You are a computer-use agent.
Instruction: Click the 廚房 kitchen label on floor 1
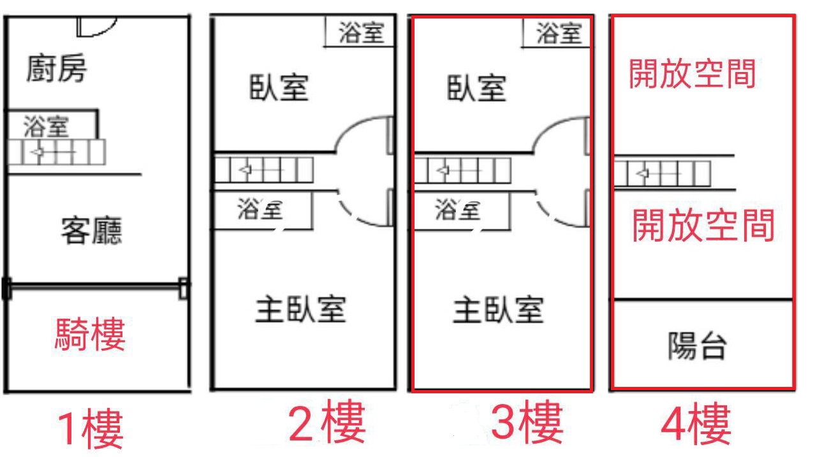click(57, 68)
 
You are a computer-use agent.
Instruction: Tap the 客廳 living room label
click(92, 231)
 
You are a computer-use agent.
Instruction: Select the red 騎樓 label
click(90, 334)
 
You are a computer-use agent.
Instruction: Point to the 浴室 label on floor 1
click(46, 127)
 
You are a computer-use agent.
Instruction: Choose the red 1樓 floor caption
click(90, 428)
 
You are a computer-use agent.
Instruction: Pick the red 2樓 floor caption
click(327, 421)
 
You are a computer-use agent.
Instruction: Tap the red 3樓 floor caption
click(527, 422)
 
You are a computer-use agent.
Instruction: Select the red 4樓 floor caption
click(696, 423)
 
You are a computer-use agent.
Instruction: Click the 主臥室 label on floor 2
click(300, 309)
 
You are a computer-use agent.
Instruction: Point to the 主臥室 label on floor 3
click(498, 310)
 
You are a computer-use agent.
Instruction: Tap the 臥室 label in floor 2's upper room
click(279, 87)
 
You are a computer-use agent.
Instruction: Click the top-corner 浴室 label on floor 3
click(559, 33)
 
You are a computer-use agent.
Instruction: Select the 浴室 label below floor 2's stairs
click(260, 208)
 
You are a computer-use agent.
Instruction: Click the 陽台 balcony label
click(698, 345)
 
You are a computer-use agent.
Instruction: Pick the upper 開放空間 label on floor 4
click(693, 74)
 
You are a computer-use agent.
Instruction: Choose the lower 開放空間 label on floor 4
click(703, 226)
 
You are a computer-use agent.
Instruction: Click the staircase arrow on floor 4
click(643, 173)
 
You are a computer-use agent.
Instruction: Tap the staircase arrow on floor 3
click(443, 170)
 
